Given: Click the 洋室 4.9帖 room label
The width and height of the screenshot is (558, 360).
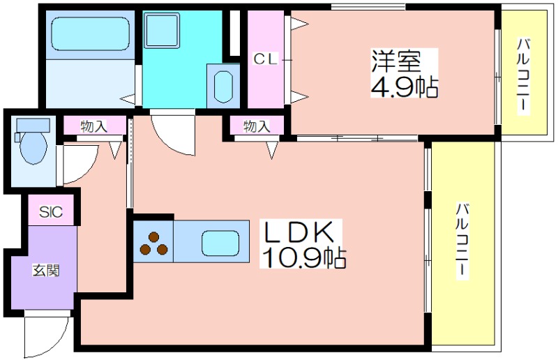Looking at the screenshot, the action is click(x=404, y=74).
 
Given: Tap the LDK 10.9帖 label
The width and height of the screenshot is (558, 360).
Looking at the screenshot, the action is click(x=303, y=244).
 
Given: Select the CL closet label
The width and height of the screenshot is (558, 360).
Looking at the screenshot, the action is click(x=265, y=59).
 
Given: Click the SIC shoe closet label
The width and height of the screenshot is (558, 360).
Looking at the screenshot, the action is click(x=51, y=212).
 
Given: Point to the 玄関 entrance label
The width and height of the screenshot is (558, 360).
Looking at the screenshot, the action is click(x=46, y=271).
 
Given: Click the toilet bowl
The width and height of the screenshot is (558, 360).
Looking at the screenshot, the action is click(x=33, y=147).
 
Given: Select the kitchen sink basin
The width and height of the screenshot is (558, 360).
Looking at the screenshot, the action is click(x=220, y=243).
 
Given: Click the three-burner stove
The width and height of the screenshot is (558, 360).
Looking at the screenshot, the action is click(x=153, y=243).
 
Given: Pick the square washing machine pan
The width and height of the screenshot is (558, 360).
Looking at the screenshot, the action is click(x=162, y=31).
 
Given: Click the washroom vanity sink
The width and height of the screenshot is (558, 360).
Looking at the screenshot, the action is click(x=223, y=86).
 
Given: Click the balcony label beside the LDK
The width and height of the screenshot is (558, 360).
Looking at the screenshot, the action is click(x=462, y=241).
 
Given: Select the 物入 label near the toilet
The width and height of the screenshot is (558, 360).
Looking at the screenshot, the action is click(x=93, y=126).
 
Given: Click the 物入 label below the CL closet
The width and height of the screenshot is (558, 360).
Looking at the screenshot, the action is click(x=257, y=126).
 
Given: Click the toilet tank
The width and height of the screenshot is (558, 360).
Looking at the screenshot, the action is click(x=33, y=125).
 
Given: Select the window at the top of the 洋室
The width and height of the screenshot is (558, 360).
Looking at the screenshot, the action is click(x=368, y=6).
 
